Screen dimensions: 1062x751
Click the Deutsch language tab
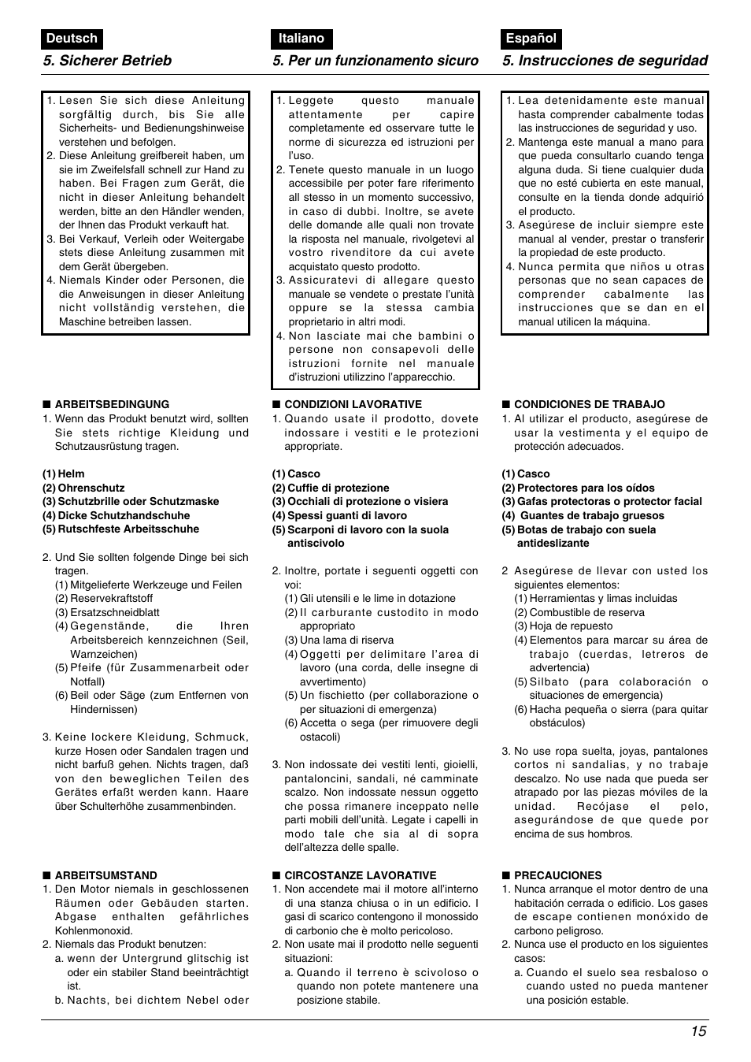click(72, 39)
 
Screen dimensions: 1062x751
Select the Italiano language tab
click(301, 39)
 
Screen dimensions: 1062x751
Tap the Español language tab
click(531, 39)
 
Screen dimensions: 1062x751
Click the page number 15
click(699, 1032)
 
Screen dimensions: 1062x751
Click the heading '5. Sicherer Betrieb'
click(107, 61)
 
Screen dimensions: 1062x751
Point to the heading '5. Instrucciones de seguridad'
click(605, 61)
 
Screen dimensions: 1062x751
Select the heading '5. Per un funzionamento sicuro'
click(375, 61)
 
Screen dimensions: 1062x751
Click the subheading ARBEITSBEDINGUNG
click(111, 404)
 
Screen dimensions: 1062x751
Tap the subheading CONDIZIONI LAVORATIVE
click(353, 404)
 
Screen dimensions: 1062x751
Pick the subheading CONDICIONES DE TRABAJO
click(589, 404)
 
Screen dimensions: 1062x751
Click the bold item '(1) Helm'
click(63, 474)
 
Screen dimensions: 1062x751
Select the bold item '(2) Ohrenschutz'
click(83, 488)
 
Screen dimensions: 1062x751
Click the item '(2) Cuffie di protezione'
click(331, 488)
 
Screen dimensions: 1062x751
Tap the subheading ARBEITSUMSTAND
click(105, 875)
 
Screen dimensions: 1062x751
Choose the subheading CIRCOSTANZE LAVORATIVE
click(360, 875)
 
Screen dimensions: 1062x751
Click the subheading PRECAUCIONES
click(557, 875)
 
